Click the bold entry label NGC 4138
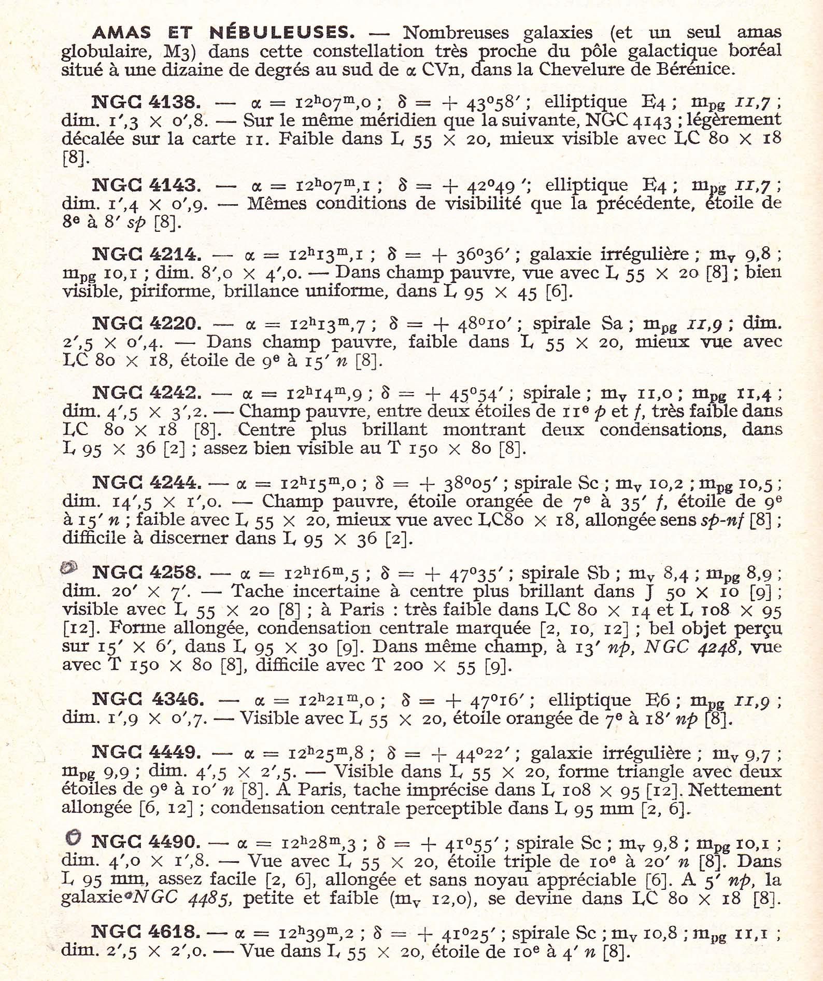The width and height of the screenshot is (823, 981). click(x=146, y=102)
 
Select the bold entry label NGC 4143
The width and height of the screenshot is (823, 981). click(x=146, y=186)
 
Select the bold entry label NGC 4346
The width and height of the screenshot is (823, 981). click(x=148, y=699)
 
